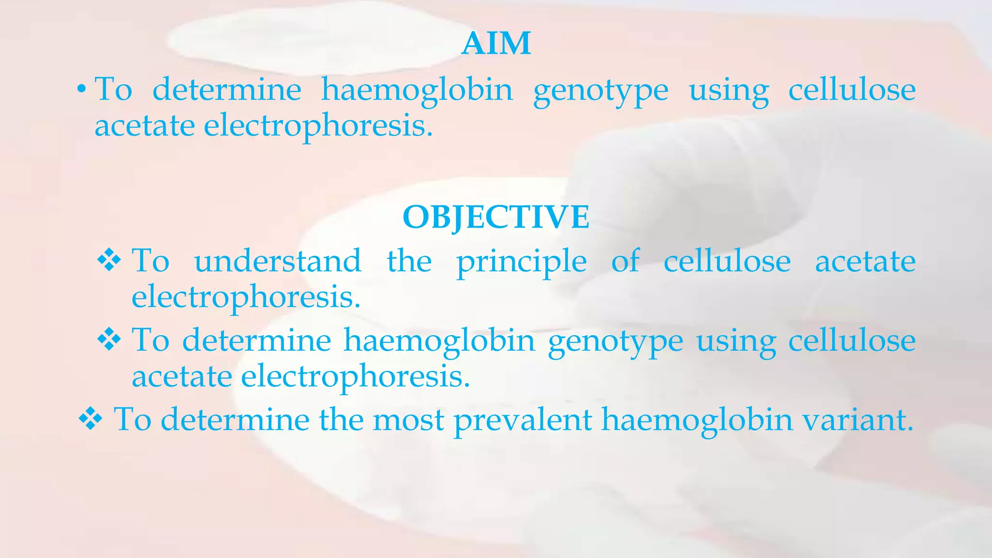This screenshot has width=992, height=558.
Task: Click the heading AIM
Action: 496,44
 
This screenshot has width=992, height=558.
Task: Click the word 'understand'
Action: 278,261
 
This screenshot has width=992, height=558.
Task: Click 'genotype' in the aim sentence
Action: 601,91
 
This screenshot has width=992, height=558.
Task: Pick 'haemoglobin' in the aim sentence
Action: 417,90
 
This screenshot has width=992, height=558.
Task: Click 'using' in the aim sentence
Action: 728,91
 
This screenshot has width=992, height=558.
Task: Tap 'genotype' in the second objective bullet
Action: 615,341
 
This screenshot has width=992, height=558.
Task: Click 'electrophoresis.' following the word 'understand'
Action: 246,297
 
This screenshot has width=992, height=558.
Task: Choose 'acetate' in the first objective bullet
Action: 865,261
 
